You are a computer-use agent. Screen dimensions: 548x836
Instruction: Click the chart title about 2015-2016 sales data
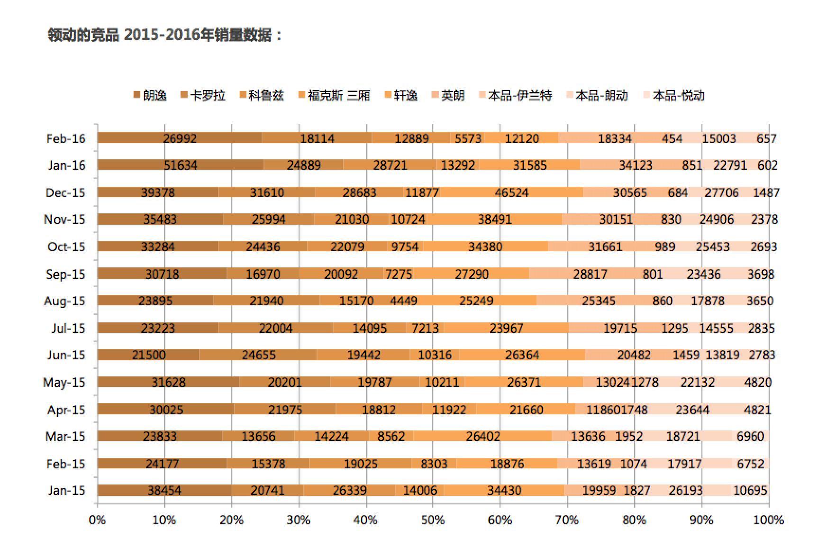click(x=164, y=35)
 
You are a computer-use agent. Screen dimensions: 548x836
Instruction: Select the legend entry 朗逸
click(x=150, y=96)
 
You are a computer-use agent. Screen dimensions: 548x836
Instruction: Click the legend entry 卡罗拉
click(x=203, y=96)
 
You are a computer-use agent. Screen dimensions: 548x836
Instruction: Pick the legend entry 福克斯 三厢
click(x=334, y=96)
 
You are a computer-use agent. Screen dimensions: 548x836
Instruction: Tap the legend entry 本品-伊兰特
click(x=516, y=96)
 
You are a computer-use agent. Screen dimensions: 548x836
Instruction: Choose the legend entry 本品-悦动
click(x=674, y=96)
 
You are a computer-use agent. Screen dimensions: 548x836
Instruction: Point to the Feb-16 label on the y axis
click(x=66, y=138)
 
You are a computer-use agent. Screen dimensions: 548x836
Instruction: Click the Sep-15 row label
click(x=65, y=274)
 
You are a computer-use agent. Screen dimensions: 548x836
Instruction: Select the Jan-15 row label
click(x=66, y=490)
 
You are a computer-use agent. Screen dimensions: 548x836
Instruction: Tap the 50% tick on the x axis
click(x=433, y=520)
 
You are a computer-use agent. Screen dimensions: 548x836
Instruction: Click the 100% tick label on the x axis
click(x=768, y=520)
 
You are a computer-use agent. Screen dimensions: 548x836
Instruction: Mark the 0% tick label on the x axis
click(x=97, y=520)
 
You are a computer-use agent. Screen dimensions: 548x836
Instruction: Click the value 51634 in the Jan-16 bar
click(x=181, y=165)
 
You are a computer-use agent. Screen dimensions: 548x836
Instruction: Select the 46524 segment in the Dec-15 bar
click(x=511, y=192)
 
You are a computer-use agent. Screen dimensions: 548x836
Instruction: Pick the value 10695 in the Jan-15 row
click(x=750, y=490)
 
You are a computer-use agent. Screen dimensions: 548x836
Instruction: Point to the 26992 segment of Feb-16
click(x=180, y=138)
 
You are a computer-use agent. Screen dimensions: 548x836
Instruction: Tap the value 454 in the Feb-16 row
click(x=672, y=138)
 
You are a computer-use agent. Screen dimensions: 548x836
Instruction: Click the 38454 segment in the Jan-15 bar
click(x=164, y=490)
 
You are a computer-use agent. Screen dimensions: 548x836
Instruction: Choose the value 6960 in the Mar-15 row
click(x=750, y=436)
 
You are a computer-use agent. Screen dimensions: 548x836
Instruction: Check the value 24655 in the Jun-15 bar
click(x=258, y=355)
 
